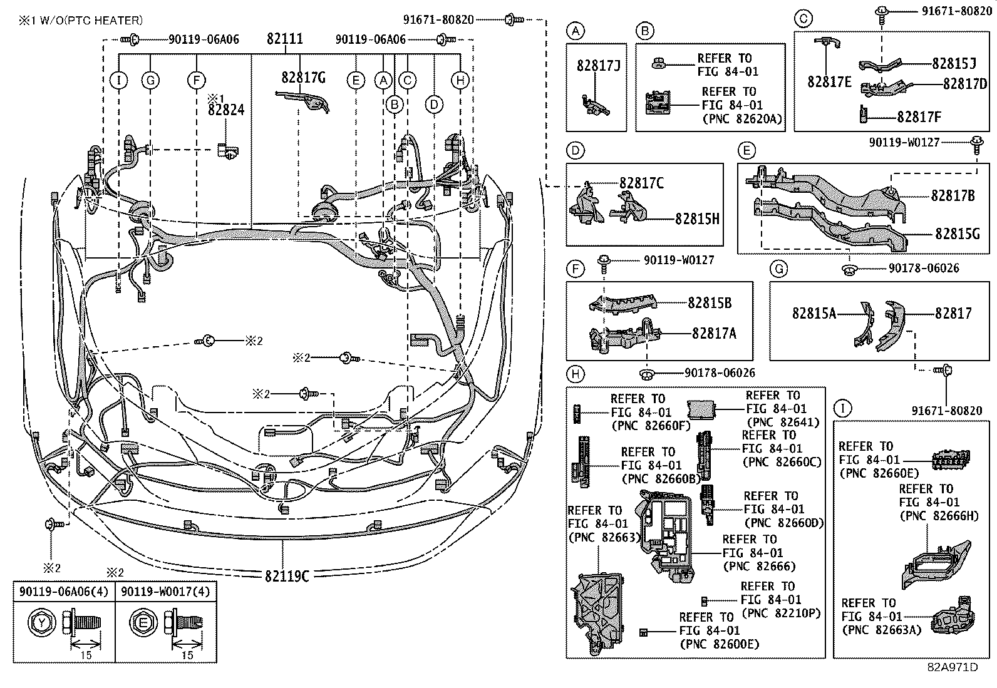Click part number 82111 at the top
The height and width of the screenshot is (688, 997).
pyautogui.click(x=284, y=39)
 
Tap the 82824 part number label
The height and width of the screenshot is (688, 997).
pyautogui.click(x=226, y=110)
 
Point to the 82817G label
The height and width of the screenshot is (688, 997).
pyautogui.click(x=304, y=77)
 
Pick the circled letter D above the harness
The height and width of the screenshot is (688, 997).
pyautogui.click(x=434, y=105)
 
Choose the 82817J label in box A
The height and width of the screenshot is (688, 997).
pyautogui.click(x=598, y=65)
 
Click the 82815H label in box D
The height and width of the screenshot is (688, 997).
pyautogui.click(x=697, y=218)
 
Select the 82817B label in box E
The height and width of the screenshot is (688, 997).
pyautogui.click(x=953, y=196)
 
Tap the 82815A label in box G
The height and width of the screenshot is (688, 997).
pyautogui.click(x=814, y=313)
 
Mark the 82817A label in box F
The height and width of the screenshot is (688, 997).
pyautogui.click(x=714, y=333)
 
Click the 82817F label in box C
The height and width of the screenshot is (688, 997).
pyautogui.click(x=919, y=117)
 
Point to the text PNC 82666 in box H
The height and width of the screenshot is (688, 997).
pyautogui.click(x=759, y=567)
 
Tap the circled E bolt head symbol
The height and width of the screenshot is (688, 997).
pyautogui.click(x=142, y=623)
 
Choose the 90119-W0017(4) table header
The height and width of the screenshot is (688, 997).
pyautogui.click(x=166, y=592)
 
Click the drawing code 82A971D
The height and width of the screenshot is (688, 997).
pyautogui.click(x=952, y=667)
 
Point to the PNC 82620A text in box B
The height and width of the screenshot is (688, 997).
pyautogui.click(x=742, y=118)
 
